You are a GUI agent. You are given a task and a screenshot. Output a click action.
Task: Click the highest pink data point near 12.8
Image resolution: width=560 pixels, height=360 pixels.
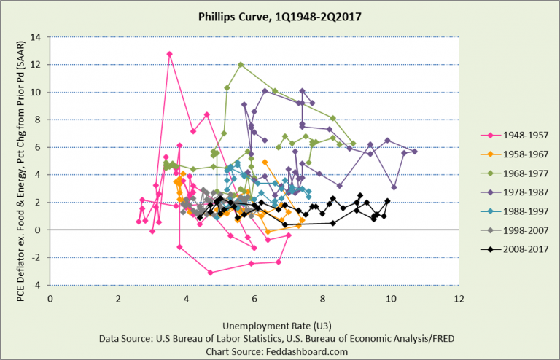pyautogui.click(x=169, y=54)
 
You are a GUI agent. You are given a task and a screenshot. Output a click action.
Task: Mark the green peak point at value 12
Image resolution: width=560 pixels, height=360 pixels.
pyautogui.click(x=241, y=64)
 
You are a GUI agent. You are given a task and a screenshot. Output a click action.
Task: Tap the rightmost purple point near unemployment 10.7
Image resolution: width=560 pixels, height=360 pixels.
pyautogui.click(x=415, y=151)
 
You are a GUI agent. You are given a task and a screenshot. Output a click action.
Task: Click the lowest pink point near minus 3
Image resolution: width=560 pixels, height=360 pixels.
pyautogui.click(x=210, y=273)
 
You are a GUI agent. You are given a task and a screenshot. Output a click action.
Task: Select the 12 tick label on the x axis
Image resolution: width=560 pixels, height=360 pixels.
pyautogui.click(x=459, y=298)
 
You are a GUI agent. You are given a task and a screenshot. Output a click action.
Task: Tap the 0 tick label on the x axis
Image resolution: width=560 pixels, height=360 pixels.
pyautogui.click(x=50, y=298)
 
